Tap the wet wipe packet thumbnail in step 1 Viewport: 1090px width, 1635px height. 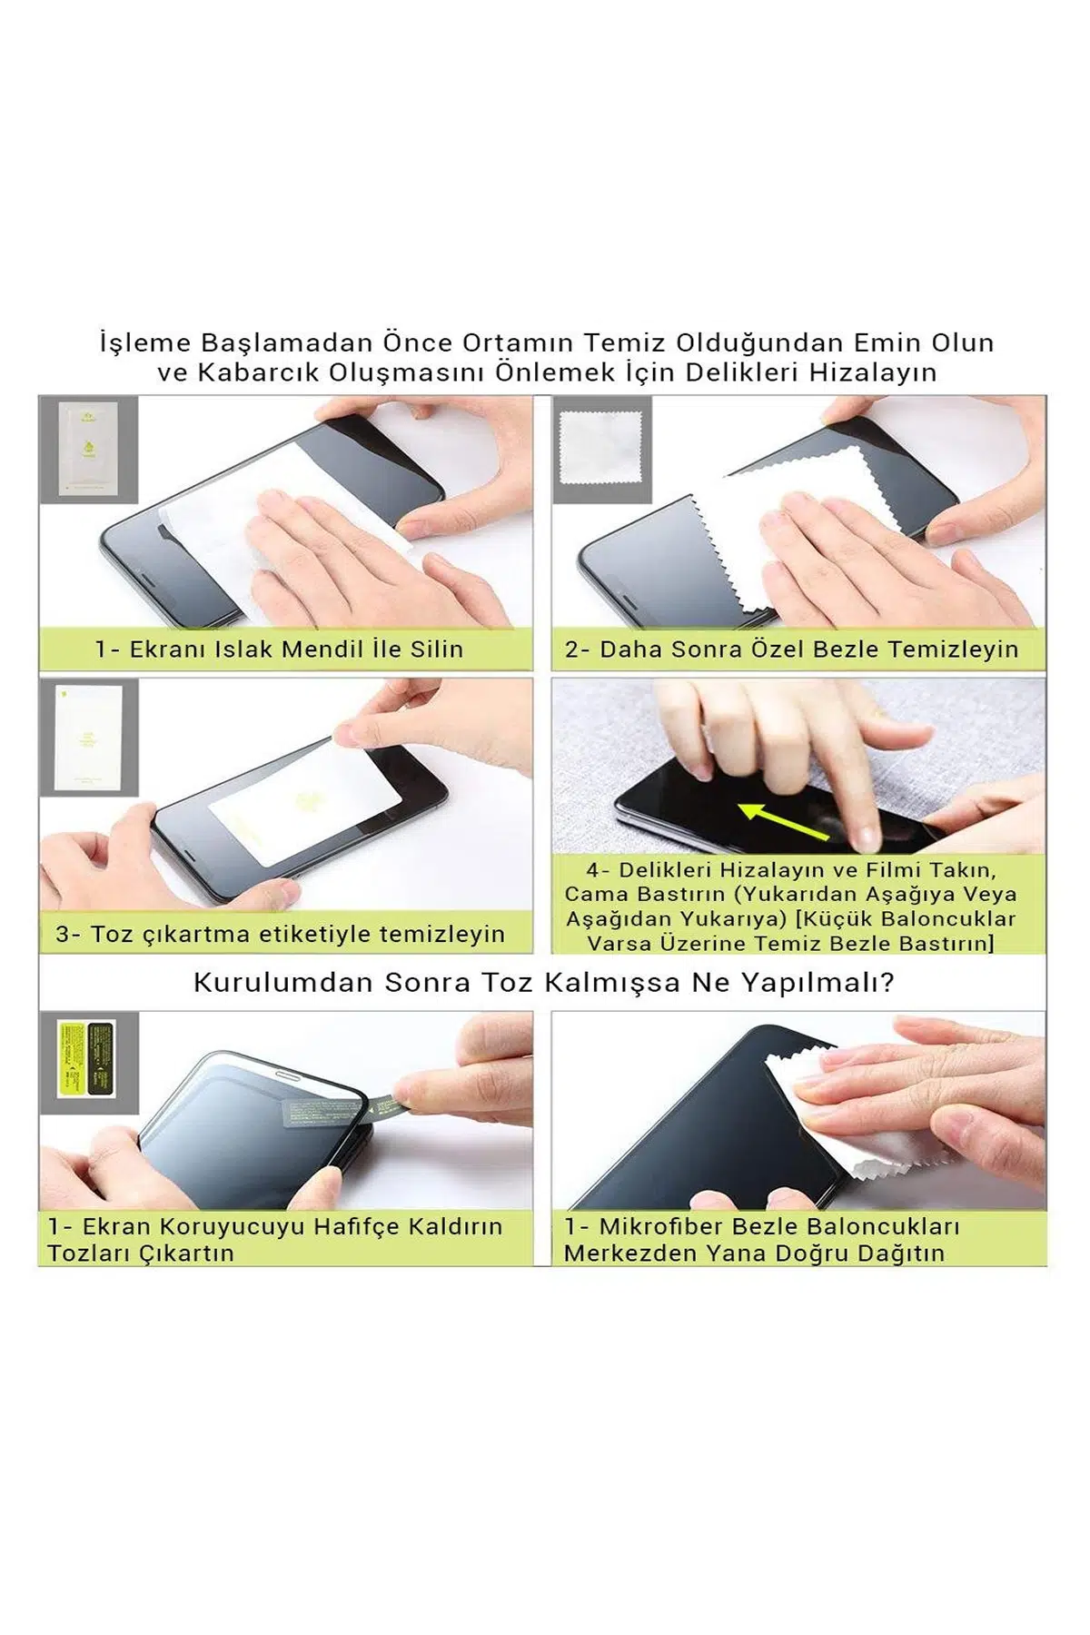tap(88, 449)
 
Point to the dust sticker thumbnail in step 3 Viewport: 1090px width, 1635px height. tap(89, 738)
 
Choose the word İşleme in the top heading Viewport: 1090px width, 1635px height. tap(145, 343)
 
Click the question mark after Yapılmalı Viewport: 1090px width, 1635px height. tap(888, 983)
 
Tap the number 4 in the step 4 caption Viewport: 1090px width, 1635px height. tap(592, 870)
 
